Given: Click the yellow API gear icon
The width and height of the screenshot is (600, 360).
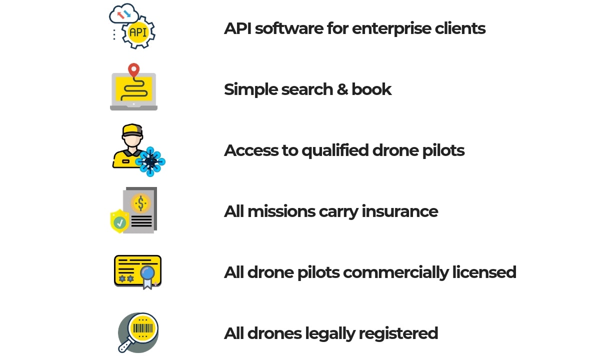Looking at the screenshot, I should pyautogui.click(x=138, y=33).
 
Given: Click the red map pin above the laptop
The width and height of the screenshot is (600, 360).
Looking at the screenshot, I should pyautogui.click(x=133, y=70).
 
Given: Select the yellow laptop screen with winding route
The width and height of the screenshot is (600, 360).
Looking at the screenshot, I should pyautogui.click(x=133, y=89).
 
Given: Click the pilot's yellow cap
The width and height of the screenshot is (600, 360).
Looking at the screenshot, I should pyautogui.click(x=132, y=130).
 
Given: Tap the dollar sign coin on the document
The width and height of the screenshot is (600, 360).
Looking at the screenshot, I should pyautogui.click(x=141, y=203).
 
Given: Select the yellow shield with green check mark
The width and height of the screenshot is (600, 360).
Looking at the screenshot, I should pyautogui.click(x=119, y=221).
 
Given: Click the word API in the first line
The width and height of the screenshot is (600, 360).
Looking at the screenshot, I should pyautogui.click(x=237, y=28).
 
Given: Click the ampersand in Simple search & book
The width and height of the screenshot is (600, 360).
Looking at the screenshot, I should pyautogui.click(x=342, y=89).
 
